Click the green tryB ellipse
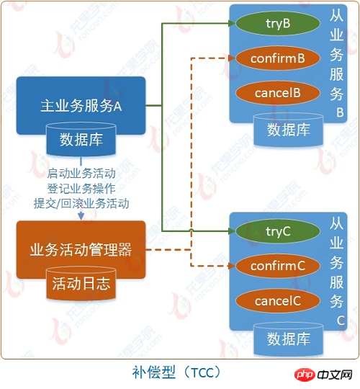[277, 23]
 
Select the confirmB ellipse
[277, 58]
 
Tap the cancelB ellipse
[277, 93]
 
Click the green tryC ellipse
[277, 231]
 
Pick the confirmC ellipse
[277, 266]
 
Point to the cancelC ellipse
[277, 301]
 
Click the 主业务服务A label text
[81, 106]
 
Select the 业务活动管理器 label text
[81, 249]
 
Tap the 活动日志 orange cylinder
[81, 283]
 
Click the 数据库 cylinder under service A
[81, 139]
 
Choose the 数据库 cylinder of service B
[288, 130]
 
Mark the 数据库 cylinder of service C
[288, 339]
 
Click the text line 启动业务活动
[81, 173]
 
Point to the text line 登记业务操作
[81, 188]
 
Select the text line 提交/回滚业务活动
[81, 203]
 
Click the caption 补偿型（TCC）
[176, 372]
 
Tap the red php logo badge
[305, 375]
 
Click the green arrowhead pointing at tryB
[232, 23]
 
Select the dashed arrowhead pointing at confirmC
[232, 266]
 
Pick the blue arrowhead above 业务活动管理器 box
[81, 216]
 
